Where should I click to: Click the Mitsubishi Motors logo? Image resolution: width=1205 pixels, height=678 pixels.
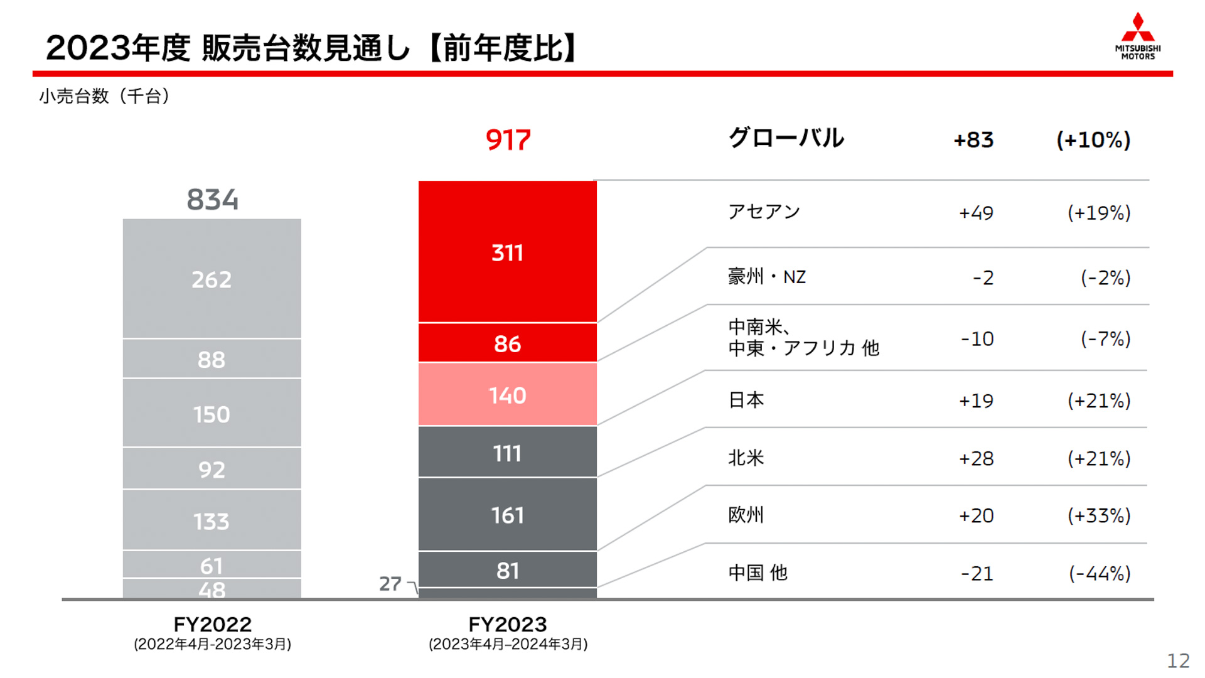pos(1137,36)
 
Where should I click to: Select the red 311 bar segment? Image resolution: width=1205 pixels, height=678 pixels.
pos(507,252)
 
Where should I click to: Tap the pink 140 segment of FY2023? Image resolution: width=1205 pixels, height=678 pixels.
pos(507,395)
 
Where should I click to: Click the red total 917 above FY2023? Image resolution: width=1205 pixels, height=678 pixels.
pos(508,139)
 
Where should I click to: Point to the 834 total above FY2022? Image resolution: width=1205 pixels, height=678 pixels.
pos(212,200)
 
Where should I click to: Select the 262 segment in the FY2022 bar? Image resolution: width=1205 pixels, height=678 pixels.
pos(212,279)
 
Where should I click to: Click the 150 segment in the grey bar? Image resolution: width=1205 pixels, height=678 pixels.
pos(212,414)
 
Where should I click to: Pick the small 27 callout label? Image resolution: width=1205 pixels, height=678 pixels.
pos(390,584)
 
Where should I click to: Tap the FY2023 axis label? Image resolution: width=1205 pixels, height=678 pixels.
pos(508,625)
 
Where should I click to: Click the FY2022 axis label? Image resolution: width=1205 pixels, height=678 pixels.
pos(212,625)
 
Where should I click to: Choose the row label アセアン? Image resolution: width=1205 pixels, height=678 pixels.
pos(764,212)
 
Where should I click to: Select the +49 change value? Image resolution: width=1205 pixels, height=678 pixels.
pos(976,213)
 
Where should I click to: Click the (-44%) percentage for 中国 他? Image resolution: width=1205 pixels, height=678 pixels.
pos(1100,573)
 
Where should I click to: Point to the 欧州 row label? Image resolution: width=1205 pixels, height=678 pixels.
pos(746,515)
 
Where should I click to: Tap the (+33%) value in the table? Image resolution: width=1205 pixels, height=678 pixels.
pos(1099,515)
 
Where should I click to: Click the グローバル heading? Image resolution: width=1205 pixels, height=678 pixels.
pos(786,138)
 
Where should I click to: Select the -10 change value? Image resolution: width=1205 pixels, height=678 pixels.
pos(977,339)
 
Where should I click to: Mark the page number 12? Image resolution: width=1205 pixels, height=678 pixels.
pos(1178,660)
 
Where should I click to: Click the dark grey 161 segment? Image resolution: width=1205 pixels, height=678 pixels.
pos(507,515)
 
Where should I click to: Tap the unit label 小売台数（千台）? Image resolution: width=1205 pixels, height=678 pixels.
pos(104,96)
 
